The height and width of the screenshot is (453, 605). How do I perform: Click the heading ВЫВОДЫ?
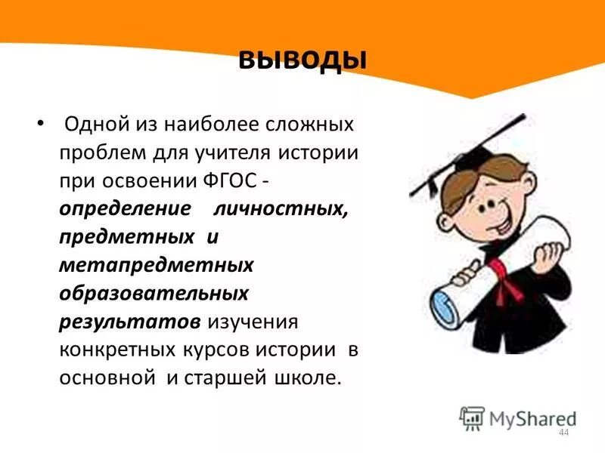(x=302, y=59)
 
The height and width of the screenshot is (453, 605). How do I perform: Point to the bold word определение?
(x=125, y=210)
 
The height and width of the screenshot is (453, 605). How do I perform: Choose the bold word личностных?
(x=282, y=210)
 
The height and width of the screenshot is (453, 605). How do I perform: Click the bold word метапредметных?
(x=157, y=265)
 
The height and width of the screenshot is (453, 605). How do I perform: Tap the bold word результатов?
(x=130, y=322)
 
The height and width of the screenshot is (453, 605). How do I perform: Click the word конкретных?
(x=118, y=350)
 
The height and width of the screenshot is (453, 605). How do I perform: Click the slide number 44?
(x=563, y=431)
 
